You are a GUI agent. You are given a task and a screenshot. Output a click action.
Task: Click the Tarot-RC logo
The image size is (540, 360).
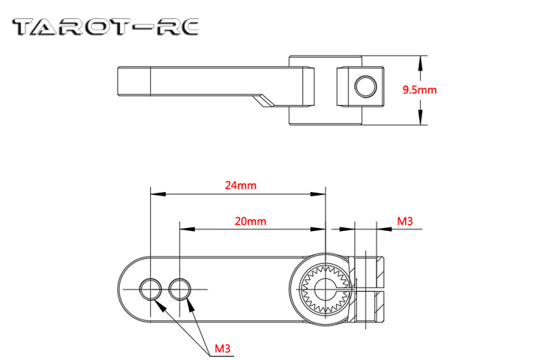(106, 27)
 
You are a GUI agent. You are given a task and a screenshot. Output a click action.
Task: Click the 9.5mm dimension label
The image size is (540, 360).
(420, 90)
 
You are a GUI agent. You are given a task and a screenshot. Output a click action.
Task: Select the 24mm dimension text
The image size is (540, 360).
(241, 185)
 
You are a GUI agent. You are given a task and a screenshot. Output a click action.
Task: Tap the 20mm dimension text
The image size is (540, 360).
(250, 221)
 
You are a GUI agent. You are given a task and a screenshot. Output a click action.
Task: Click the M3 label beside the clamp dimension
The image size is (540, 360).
(405, 221)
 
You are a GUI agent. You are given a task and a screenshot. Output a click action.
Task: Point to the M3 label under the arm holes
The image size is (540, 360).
(223, 349)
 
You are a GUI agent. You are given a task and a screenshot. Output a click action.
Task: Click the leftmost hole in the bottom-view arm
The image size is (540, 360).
(151, 289)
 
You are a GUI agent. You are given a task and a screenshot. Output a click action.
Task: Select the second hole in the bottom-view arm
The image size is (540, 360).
(180, 289)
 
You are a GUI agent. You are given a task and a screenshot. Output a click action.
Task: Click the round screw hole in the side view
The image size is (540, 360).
(365, 86)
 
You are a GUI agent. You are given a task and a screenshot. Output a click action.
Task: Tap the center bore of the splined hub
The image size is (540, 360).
(325, 289)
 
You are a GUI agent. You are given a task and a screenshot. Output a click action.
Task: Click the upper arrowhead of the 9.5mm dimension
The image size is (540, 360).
(420, 63)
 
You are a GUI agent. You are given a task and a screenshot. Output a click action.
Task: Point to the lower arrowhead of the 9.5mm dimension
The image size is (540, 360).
(420, 117)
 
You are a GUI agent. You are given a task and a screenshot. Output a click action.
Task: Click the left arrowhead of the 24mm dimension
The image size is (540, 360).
(158, 194)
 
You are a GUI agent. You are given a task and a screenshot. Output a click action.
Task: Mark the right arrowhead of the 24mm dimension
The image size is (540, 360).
(318, 194)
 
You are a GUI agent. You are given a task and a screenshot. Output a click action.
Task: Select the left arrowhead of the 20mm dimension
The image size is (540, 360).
(187, 229)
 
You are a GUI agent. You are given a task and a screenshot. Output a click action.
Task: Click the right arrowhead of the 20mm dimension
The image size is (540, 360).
(318, 229)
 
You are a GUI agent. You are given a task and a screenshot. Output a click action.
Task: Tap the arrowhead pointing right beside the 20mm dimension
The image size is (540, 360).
(347, 229)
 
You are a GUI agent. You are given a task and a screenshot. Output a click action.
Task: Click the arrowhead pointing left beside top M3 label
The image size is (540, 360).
(384, 229)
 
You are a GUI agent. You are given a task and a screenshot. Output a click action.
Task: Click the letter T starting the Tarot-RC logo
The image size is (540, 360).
(23, 27)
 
